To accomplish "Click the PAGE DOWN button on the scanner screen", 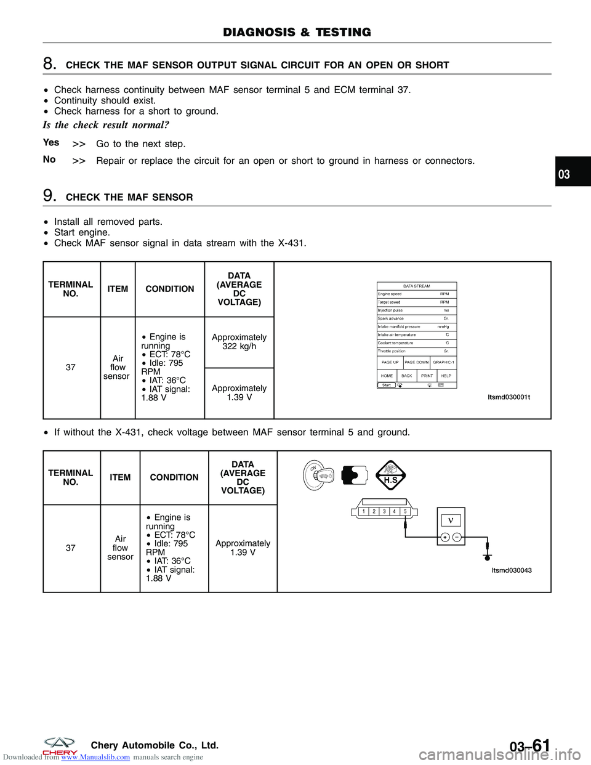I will [x=417, y=362].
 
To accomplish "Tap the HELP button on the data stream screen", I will [x=446, y=375].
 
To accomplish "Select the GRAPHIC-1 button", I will [x=443, y=362].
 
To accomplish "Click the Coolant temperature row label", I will [x=396, y=343].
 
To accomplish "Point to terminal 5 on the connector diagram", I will [x=405, y=511].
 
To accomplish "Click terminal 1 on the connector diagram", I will [x=363, y=511].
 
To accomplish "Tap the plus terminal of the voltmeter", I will [x=444, y=537].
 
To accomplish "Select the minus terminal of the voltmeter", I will [x=457, y=537].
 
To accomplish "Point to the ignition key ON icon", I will [x=318, y=475].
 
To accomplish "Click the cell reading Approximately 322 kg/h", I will [x=239, y=342].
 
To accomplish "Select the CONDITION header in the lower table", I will [x=174, y=477].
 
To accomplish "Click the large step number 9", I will [x=49, y=196].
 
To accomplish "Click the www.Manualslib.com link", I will [x=95, y=757].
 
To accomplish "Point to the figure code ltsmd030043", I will [x=512, y=570].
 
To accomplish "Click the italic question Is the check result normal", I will [x=106, y=125].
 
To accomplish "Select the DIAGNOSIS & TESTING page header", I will [x=297, y=33].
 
